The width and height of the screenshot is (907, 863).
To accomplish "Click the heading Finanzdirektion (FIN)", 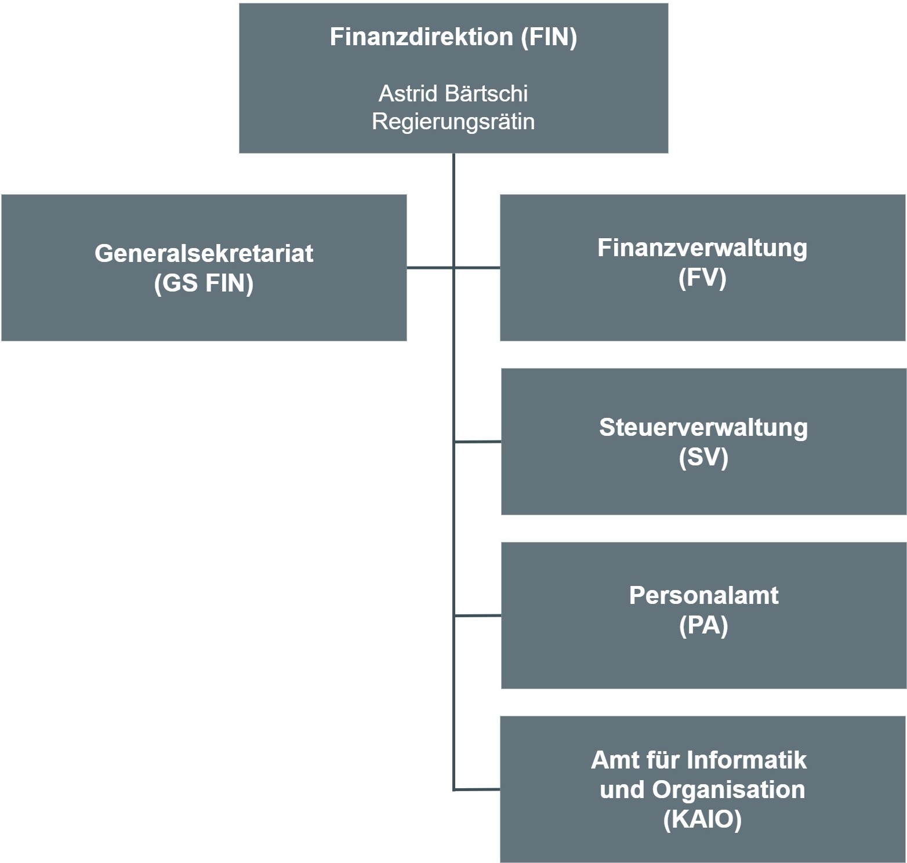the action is coord(453,37).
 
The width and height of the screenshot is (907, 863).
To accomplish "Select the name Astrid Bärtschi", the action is coord(453,93).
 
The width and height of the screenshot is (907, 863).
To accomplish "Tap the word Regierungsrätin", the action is coord(453,122).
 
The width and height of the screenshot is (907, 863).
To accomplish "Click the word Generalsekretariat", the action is coord(204,254).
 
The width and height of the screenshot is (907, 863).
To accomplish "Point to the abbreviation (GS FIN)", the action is coord(204,283).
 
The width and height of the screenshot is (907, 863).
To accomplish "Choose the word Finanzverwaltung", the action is coord(702,248).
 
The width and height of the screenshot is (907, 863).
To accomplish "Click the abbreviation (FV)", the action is coord(702,278).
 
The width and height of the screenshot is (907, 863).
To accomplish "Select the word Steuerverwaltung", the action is coord(703,428).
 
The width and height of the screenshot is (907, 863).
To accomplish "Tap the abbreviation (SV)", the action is coord(703,457).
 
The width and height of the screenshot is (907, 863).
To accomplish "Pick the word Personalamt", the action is coord(703,596).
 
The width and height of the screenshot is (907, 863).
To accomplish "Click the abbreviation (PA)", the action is coord(703,625).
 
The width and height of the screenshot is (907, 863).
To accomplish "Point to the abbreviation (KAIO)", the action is coord(702,820).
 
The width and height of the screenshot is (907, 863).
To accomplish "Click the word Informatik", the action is coord(746,760).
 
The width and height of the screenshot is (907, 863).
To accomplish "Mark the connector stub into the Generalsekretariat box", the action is coord(430,268).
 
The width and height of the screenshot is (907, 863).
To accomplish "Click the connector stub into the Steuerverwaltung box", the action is coord(478,442).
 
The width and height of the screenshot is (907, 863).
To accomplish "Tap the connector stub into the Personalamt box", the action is coord(478,616).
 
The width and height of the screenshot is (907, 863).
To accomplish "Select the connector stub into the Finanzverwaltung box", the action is coord(477,268).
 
